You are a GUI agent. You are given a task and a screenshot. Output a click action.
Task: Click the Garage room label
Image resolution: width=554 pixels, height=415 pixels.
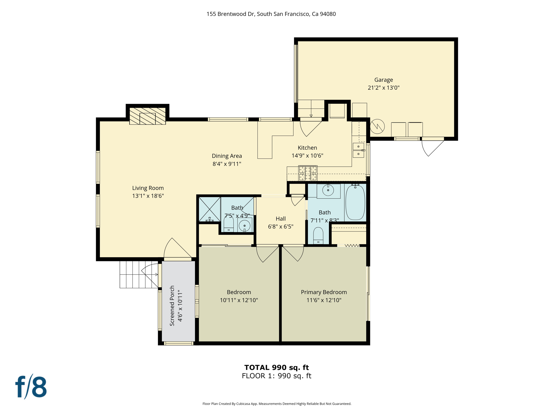click(383, 80)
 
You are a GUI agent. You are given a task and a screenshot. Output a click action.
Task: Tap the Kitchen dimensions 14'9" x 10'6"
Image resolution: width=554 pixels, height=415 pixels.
click(307, 156)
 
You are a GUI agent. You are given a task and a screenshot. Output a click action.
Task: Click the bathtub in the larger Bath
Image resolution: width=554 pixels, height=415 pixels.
click(355, 202)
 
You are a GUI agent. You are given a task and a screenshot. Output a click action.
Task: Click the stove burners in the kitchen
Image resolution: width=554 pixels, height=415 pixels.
click(308, 173)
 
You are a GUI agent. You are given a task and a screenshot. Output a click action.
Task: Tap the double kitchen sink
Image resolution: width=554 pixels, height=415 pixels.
click(358, 150)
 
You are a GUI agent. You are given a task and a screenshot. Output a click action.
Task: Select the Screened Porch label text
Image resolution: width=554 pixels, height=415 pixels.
click(172, 306)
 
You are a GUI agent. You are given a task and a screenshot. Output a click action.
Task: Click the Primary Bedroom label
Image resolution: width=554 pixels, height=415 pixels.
click(324, 292)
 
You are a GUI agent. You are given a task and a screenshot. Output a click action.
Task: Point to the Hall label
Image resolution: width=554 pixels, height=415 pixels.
click(281, 219)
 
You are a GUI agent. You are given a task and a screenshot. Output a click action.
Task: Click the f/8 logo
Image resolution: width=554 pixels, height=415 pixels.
click(31, 387)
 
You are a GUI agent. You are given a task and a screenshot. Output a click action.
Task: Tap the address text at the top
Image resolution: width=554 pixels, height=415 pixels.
click(271, 14)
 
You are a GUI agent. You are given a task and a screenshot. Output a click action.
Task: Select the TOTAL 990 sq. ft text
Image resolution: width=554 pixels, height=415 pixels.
click(276, 367)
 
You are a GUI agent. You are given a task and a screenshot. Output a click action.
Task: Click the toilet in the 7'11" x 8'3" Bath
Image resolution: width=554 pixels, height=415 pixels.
click(318, 236)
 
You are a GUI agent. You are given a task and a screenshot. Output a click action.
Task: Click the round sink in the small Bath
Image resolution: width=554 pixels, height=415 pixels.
click(245, 225)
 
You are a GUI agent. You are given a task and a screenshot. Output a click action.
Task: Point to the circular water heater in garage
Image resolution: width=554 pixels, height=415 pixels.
click(377, 126)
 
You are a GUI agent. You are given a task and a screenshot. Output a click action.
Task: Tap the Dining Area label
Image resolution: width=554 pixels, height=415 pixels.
click(227, 156)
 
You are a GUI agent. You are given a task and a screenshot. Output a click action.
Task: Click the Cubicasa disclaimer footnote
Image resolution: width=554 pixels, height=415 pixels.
click(277, 404)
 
